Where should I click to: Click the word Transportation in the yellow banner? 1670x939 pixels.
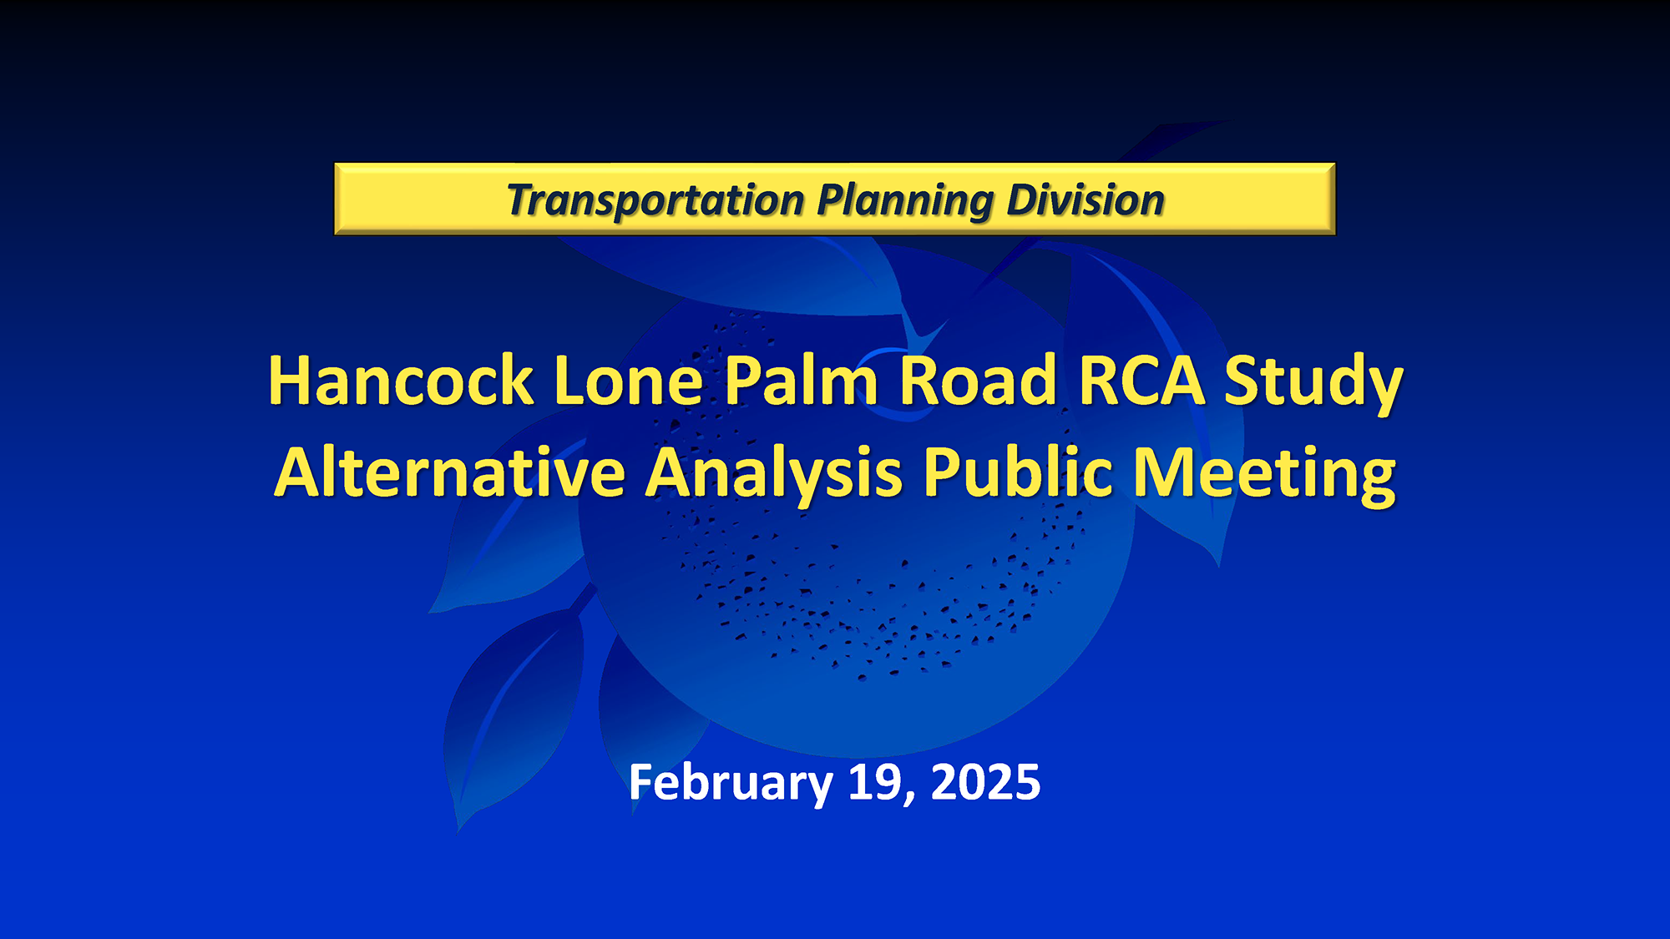click(x=655, y=200)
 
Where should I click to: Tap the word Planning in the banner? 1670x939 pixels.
click(x=905, y=202)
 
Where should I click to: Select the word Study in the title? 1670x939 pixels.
click(x=1313, y=384)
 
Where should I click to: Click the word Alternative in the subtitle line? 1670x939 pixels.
click(x=450, y=472)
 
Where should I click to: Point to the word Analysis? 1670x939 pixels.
click(x=774, y=477)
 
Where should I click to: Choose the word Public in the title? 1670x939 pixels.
click(x=1018, y=472)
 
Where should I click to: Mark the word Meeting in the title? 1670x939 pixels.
click(x=1264, y=477)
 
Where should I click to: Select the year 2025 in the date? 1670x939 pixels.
click(x=985, y=782)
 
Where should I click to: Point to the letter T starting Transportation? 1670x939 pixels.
click(x=524, y=199)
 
